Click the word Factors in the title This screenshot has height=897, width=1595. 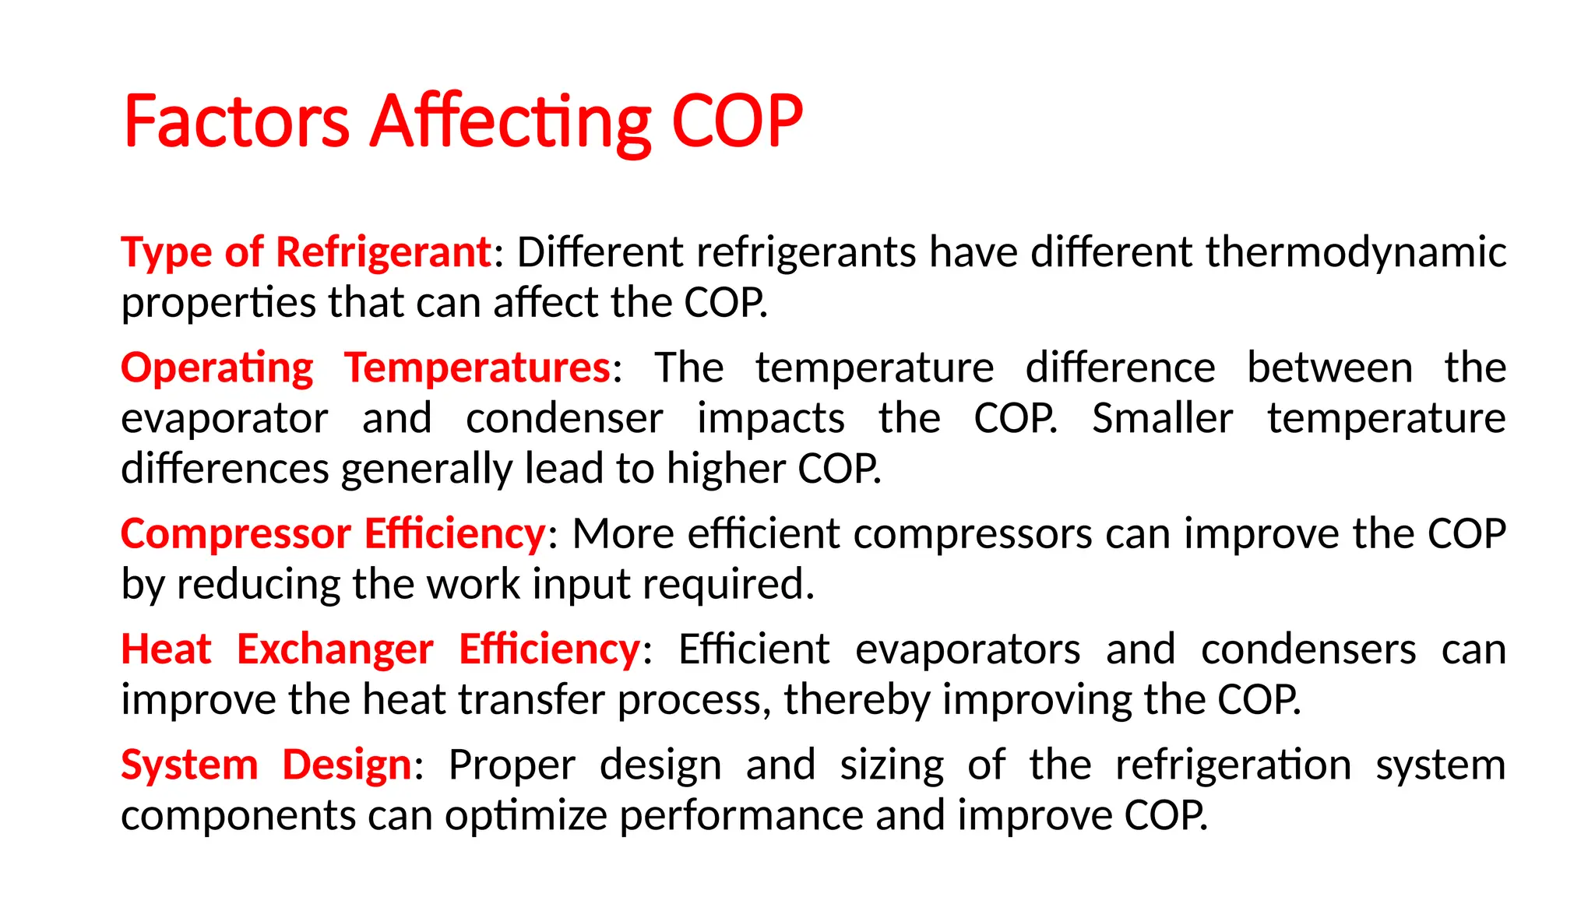click(236, 121)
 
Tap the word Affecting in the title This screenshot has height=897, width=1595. click(509, 121)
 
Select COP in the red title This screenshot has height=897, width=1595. click(736, 121)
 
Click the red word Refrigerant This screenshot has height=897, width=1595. click(382, 252)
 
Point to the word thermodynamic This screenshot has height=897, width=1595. click(1355, 252)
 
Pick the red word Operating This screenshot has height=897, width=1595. click(217, 368)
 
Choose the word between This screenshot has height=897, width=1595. click(1329, 368)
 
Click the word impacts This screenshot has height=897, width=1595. click(770, 418)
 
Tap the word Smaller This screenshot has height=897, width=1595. click(1162, 418)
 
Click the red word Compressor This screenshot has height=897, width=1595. click(236, 534)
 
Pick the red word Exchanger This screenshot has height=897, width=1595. click(335, 649)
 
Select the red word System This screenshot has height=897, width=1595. click(189, 765)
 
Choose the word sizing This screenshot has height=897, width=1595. click(892, 765)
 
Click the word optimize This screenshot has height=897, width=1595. click(526, 815)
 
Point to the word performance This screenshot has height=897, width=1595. click(741, 815)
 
